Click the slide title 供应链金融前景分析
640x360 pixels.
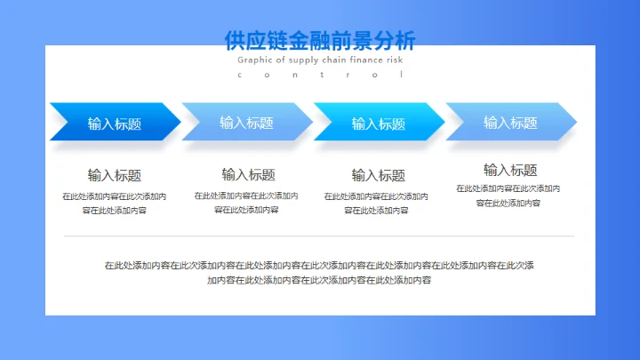(320, 40)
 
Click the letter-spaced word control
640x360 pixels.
(320, 75)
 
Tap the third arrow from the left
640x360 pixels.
(378, 123)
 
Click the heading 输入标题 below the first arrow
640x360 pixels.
(114, 175)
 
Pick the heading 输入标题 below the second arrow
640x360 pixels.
(248, 174)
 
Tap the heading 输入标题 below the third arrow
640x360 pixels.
(378, 175)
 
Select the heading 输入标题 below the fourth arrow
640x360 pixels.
(510, 170)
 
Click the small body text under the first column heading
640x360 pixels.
(114, 204)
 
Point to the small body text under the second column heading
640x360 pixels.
(246, 203)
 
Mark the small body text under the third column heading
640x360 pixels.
(376, 204)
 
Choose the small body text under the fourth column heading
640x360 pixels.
(508, 196)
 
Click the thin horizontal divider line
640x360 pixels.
(319, 236)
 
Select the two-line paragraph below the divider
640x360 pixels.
(319, 272)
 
